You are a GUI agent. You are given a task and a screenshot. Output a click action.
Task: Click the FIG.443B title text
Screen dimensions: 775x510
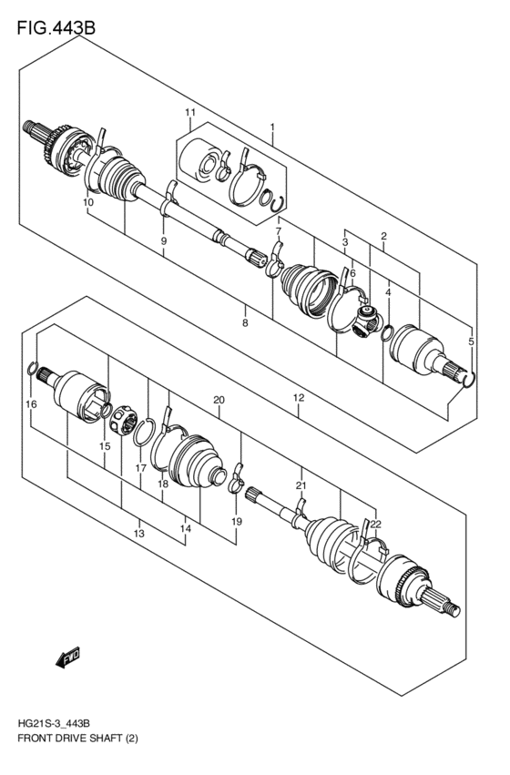[55, 27]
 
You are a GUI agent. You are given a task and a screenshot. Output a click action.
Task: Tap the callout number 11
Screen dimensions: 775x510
[189, 113]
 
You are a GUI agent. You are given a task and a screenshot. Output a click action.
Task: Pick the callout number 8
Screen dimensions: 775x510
[244, 322]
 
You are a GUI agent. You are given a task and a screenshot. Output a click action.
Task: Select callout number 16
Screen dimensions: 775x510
[30, 403]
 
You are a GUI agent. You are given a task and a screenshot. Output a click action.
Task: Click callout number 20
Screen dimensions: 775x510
[218, 400]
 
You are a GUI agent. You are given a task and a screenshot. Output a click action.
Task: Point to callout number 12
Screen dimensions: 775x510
[298, 399]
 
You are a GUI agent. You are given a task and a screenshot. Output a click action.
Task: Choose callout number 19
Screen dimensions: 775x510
[237, 521]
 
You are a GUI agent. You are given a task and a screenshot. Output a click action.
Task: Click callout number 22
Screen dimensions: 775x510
[375, 523]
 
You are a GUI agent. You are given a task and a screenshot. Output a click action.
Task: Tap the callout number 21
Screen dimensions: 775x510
[301, 486]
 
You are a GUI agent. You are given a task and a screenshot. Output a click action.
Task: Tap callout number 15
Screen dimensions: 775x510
[105, 446]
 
